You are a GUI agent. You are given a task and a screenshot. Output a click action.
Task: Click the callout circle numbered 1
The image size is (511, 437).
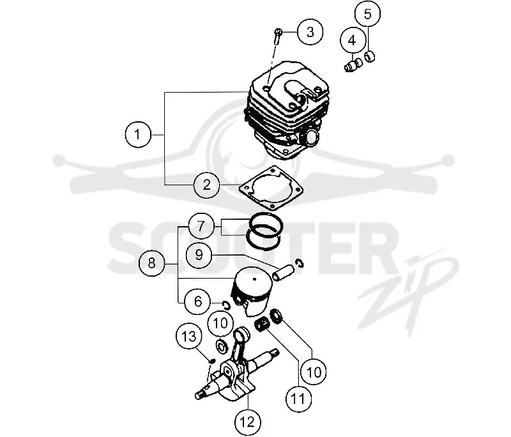coord(138,135)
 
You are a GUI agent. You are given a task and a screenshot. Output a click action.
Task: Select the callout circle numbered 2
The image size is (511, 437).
coord(206,185)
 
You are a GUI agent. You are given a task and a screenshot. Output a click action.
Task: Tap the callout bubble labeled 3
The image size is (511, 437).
coord(310,32)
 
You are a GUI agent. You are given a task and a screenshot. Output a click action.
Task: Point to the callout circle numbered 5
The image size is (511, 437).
coord(368,14)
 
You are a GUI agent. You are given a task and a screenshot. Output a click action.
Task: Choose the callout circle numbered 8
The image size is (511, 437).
coord(151,263)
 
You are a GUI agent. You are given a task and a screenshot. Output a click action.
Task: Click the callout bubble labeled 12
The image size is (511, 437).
coord(248,422)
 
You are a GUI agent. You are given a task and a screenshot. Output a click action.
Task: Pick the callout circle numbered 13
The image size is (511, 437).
coord(188,336)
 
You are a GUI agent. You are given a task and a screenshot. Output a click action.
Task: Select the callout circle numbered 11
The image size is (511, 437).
coord(298,399)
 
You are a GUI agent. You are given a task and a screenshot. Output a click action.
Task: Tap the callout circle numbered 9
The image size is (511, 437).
coord(199,254)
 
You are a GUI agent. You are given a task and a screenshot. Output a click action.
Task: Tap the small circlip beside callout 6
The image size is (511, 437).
coord(226,305)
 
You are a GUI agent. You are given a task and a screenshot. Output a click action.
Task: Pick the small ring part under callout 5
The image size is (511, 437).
coord(370,57)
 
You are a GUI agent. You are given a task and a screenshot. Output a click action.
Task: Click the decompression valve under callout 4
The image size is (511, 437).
coord(354,65)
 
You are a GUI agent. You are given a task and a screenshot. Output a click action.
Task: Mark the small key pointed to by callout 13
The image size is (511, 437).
coord(211,361)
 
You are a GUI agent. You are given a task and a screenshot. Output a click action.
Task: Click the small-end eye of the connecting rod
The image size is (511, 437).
coord(242,334)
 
